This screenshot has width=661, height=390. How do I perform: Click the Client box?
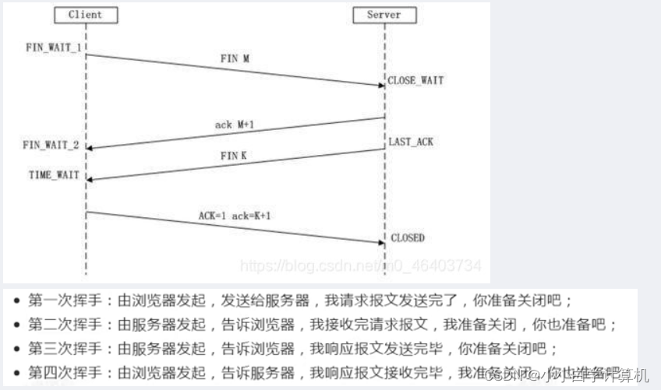pos(85,15)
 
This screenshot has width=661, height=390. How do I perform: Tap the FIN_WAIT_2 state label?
pos(51,145)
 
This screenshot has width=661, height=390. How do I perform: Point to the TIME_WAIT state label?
pos(55,175)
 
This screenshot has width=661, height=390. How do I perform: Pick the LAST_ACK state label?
pos(411,142)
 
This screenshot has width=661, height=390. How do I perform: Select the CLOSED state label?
pos(408,237)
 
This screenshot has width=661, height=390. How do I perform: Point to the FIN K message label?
pos(233,156)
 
